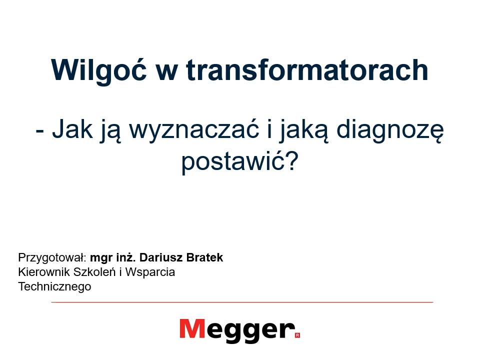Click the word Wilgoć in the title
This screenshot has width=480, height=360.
[x=99, y=70]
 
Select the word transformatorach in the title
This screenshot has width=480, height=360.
[x=307, y=70]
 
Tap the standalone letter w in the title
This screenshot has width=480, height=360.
[x=167, y=73]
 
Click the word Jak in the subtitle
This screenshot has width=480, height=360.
[x=72, y=129]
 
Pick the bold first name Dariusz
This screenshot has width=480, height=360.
[x=161, y=257]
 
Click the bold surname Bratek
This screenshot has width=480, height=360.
[x=205, y=257]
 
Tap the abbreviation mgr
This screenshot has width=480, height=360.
[x=101, y=258]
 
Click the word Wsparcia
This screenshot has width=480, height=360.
[x=150, y=272]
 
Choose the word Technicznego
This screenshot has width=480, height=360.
[x=54, y=287]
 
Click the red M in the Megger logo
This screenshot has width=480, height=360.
[x=192, y=329]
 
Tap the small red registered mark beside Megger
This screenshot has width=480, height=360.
[x=297, y=335]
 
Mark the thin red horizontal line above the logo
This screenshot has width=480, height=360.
[x=242, y=302]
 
